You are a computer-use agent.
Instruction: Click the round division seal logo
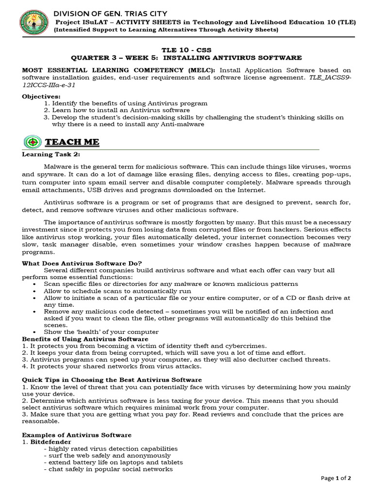(x=34, y=23)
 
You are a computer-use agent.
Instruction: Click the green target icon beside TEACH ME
(x=33, y=142)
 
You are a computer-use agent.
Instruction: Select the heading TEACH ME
(x=72, y=142)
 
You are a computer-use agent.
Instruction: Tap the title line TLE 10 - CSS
(x=186, y=50)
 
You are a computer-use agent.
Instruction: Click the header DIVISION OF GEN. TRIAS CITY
(x=110, y=14)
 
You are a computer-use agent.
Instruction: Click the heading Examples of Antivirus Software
(x=77, y=435)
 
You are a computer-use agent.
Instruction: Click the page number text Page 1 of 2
(x=336, y=478)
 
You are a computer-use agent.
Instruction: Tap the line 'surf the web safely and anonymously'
(x=107, y=456)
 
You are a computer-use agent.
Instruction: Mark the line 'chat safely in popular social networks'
(x=108, y=469)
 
